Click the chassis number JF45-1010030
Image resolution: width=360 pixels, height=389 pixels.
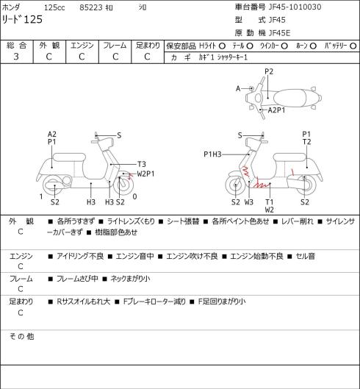(295, 7)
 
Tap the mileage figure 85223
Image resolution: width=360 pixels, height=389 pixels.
(91, 7)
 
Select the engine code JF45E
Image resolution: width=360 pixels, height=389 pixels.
(279, 33)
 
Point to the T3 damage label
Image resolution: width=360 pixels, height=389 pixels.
(141, 164)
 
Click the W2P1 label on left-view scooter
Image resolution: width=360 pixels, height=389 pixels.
(145, 174)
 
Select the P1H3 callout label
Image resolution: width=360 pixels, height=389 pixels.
(212, 154)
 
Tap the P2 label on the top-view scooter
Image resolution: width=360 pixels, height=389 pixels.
(269, 72)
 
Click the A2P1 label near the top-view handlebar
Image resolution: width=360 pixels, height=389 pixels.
(276, 110)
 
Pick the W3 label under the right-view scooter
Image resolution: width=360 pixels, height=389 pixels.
(249, 202)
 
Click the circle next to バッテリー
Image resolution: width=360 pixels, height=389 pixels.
(353, 46)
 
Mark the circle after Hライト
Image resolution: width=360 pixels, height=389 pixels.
(222, 46)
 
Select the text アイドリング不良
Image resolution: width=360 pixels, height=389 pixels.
(80, 256)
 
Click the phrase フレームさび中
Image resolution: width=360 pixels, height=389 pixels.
(77, 279)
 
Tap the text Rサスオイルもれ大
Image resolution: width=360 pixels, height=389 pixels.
(83, 301)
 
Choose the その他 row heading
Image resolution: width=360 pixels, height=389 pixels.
(21, 336)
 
